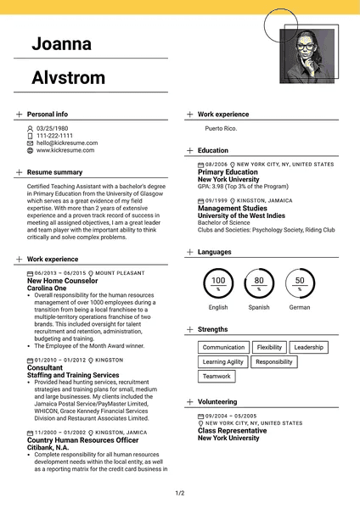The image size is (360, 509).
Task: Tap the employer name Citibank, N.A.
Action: click(x=55, y=447)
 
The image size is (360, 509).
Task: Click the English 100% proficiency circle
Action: click(x=218, y=283)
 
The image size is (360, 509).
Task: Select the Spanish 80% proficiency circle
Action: click(x=259, y=283)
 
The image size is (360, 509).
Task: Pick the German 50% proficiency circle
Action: click(x=300, y=283)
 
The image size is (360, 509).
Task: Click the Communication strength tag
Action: click(x=223, y=348)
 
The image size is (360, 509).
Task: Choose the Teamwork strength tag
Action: click(x=217, y=376)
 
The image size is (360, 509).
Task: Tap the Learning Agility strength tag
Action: click(x=223, y=362)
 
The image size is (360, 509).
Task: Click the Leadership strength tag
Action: click(x=308, y=348)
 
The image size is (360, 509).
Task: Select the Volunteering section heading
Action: click(x=217, y=400)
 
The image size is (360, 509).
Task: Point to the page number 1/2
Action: click(x=180, y=493)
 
